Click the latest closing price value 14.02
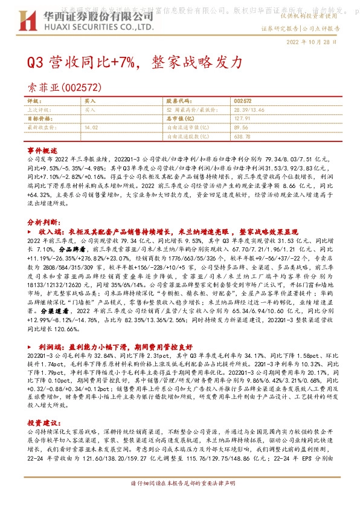(x=91, y=128)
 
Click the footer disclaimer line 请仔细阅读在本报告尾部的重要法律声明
(x=179, y=501)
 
